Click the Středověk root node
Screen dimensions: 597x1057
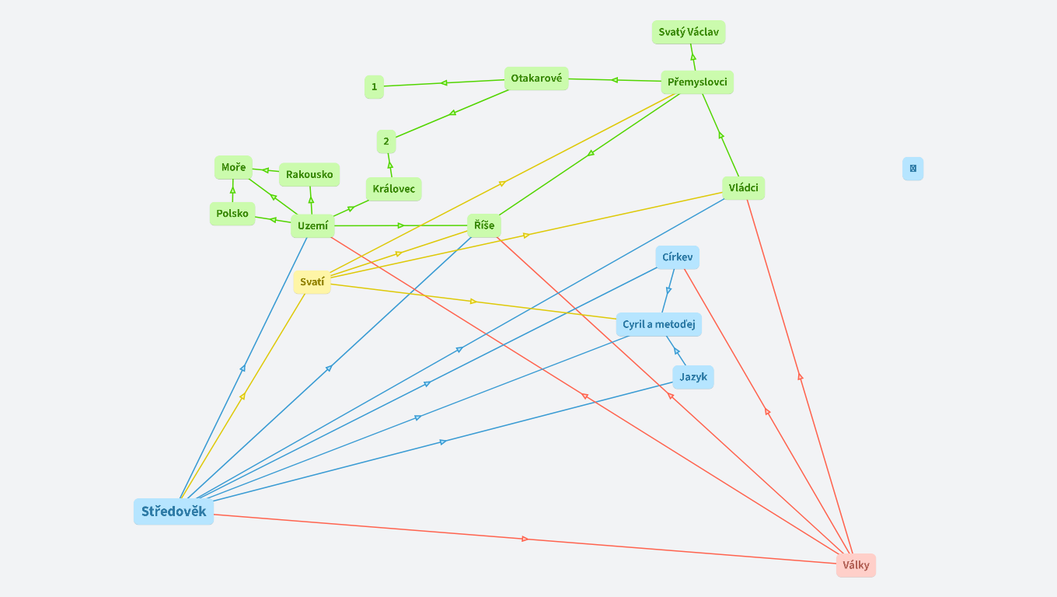tap(173, 511)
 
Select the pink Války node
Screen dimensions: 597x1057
tap(856, 565)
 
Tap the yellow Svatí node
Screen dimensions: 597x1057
tap(312, 281)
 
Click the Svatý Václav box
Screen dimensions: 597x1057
tap(689, 32)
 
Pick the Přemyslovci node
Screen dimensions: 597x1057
tap(697, 82)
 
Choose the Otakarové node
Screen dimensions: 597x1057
tap(536, 78)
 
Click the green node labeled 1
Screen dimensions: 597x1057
tap(374, 86)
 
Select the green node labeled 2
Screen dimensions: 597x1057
tap(385, 141)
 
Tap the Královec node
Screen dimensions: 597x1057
tap(393, 189)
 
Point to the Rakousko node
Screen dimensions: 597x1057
tap(309, 174)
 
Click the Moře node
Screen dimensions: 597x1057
tap(233, 167)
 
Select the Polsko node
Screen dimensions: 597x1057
tap(232, 213)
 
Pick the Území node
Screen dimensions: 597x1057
tap(312, 226)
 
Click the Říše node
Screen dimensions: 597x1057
tap(484, 225)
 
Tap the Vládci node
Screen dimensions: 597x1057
tap(743, 187)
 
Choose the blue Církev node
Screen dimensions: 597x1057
tap(677, 257)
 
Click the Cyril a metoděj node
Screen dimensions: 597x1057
tap(658, 324)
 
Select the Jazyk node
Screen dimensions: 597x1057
tap(693, 377)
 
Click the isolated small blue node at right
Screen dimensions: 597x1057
tap(912, 168)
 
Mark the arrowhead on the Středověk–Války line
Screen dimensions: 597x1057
tap(525, 539)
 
